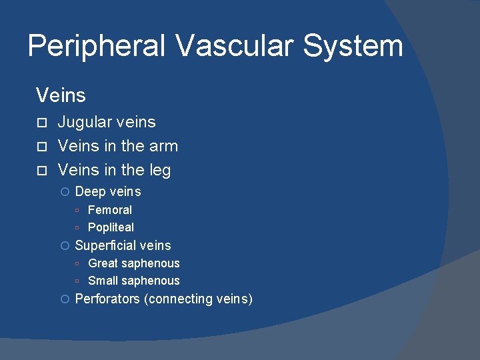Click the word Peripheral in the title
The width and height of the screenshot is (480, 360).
(x=97, y=47)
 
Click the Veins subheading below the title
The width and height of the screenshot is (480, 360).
(x=61, y=95)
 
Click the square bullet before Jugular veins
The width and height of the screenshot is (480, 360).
(x=41, y=123)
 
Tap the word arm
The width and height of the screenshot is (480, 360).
(x=163, y=146)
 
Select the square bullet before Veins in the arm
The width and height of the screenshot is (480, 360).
(x=41, y=147)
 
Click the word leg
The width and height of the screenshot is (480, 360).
(x=159, y=171)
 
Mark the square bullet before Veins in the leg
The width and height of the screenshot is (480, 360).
(x=41, y=171)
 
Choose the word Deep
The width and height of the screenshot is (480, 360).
(x=90, y=192)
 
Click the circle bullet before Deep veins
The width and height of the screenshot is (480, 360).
(x=65, y=192)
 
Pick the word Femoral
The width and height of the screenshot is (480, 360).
(x=110, y=210)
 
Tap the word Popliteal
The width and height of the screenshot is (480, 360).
(x=111, y=227)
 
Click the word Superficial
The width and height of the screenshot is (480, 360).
(x=105, y=246)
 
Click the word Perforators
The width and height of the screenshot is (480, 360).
(x=107, y=299)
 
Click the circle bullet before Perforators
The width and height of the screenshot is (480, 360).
(x=65, y=299)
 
